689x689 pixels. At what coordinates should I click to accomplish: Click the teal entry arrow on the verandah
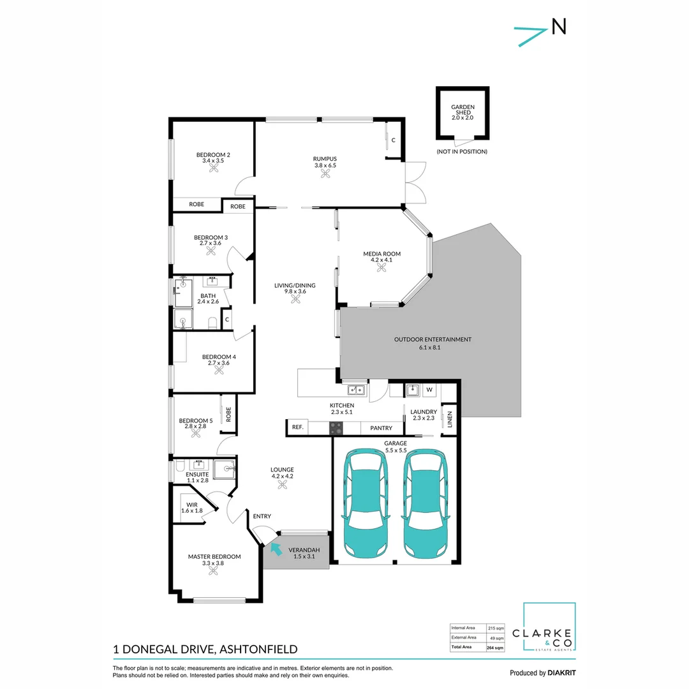277,547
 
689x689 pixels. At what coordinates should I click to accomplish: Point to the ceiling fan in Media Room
382,268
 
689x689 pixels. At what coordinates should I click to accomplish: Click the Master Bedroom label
214,557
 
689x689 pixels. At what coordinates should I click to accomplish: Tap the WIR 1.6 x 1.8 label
191,507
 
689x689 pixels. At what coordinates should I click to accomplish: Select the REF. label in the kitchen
297,428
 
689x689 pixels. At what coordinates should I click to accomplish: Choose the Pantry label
382,428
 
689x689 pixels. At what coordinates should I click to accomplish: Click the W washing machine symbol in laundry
429,389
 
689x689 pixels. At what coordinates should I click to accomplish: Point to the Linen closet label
449,420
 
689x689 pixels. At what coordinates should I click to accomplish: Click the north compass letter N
558,26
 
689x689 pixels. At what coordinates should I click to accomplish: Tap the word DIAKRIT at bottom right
562,672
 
